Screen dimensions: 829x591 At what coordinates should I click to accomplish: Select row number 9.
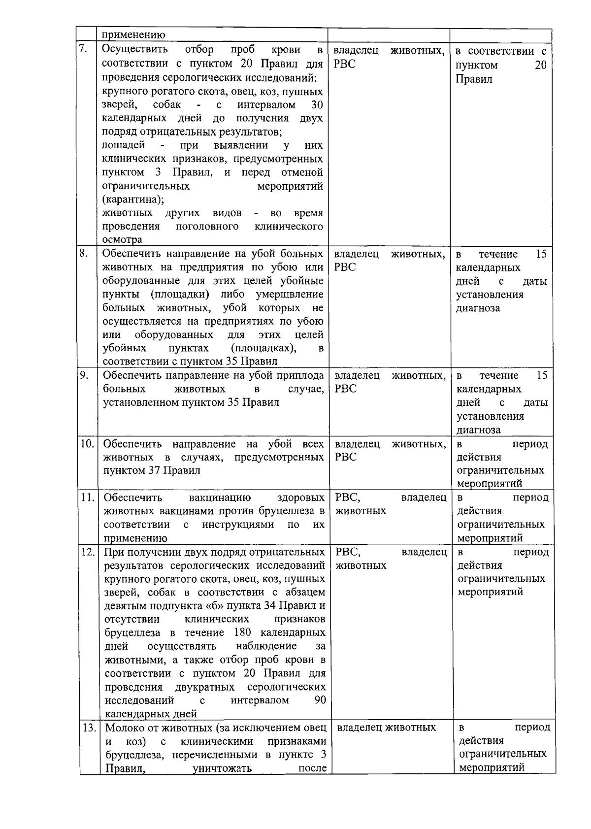tap(84, 375)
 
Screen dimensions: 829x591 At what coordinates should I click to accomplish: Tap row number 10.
tap(88, 443)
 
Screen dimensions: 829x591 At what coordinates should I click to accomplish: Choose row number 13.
tap(89, 728)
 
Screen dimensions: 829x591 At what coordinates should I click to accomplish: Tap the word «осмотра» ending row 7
tap(122, 239)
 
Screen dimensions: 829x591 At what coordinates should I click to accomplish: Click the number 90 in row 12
tap(320, 700)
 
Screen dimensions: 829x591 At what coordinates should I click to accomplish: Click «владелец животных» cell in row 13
tap(386, 728)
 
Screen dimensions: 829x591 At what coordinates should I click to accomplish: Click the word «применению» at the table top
tap(133, 34)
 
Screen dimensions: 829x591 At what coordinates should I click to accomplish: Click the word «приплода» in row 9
tap(302, 375)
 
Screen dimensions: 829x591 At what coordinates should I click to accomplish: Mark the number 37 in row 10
tap(154, 470)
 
